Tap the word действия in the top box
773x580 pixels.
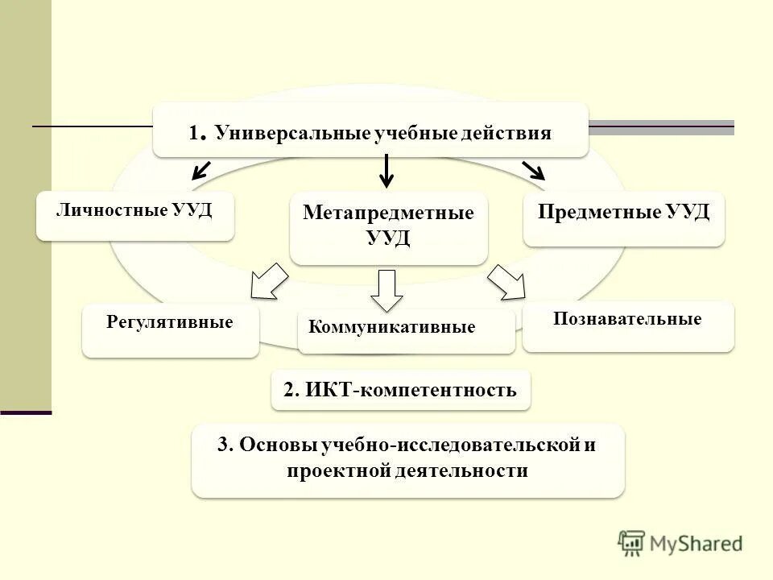click(x=506, y=133)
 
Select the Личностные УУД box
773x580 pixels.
click(x=134, y=214)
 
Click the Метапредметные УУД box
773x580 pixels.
click(x=388, y=227)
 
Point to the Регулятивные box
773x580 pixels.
click(x=170, y=330)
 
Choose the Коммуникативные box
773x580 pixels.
click(x=406, y=330)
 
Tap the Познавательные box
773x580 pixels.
click(x=627, y=325)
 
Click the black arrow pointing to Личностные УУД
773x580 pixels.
click(x=201, y=169)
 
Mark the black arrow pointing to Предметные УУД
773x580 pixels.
click(x=533, y=170)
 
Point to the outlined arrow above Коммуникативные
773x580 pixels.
click(x=387, y=290)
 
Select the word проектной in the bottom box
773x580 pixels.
click(x=338, y=470)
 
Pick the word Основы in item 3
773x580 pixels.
click(x=279, y=445)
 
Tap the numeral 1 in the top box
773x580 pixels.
click(x=194, y=133)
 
